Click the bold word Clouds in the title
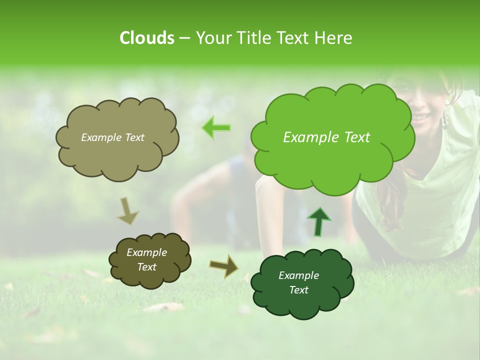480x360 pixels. tap(146, 38)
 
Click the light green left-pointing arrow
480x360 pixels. tap(216, 127)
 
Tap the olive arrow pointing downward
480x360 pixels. tap(128, 211)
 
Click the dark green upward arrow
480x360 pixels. tap(318, 221)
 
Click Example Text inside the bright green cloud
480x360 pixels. tap(326, 137)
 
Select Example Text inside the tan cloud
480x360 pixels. tap(112, 137)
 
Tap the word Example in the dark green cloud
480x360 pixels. tap(298, 275)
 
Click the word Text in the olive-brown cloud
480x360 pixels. tap(146, 267)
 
